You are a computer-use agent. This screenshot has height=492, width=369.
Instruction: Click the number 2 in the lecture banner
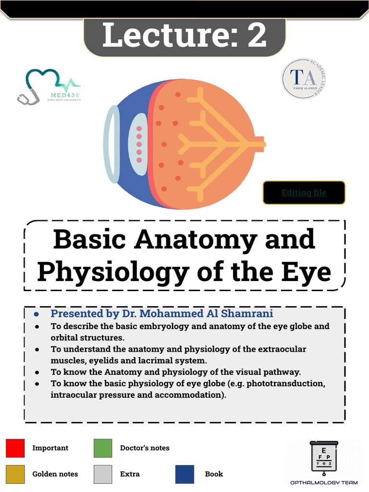pyautogui.click(x=257, y=36)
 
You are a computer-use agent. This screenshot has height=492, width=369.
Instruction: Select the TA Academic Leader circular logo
pyautogui.click(x=304, y=79)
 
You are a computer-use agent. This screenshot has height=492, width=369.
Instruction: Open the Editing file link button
pyautogui.click(x=304, y=193)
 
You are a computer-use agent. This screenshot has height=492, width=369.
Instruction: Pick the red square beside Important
pyautogui.click(x=15, y=448)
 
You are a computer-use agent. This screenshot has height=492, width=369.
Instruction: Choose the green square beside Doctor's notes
pyautogui.click(x=103, y=448)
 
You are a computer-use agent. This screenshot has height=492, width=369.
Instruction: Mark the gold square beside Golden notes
pyautogui.click(x=15, y=474)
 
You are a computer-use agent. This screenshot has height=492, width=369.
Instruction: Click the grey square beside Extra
pyautogui.click(x=103, y=474)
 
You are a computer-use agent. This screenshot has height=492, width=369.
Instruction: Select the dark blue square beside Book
pyautogui.click(x=185, y=474)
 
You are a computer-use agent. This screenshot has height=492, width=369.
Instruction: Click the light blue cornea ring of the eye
pyautogui.click(x=111, y=144)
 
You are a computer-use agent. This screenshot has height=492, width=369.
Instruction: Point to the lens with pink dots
pyautogui.click(x=139, y=144)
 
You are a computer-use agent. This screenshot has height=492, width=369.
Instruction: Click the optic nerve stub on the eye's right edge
pyautogui.click(x=259, y=144)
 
